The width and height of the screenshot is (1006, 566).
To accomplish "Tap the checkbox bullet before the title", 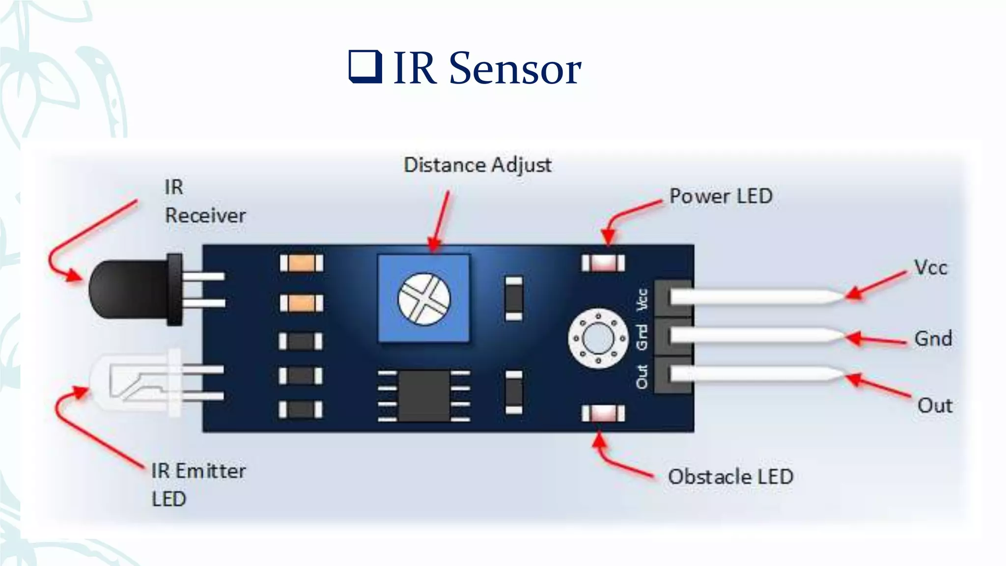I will (365, 66).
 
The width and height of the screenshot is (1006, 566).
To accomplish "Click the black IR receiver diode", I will (130, 290).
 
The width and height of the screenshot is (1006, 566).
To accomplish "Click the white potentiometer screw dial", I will (424, 299).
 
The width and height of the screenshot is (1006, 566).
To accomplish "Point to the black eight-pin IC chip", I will (424, 396).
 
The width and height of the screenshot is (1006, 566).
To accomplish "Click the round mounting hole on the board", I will (598, 339).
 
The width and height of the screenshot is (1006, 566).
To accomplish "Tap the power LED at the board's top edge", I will (603, 263).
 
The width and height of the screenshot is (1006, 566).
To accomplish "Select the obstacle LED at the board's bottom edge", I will (603, 413).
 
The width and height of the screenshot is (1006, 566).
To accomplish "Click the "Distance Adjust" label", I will (477, 165).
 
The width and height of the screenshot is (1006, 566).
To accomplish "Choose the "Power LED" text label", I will (721, 197).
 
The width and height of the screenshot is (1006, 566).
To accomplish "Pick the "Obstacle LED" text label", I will (730, 477).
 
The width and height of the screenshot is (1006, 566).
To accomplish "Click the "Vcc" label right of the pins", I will (930, 268).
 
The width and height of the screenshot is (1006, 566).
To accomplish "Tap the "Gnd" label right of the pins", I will (933, 339).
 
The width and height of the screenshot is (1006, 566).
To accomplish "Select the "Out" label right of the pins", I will (935, 406).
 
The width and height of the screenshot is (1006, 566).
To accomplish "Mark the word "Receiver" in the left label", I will (205, 216).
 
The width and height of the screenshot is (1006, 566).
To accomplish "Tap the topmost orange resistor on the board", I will (302, 263).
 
